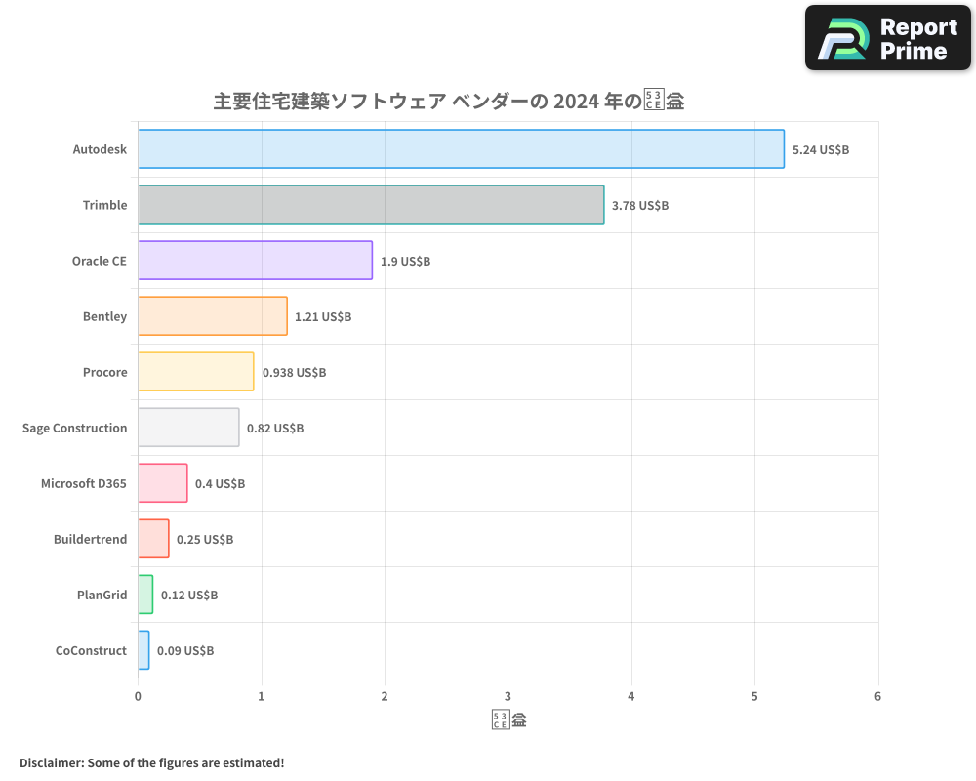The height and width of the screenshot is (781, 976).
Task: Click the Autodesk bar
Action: tap(461, 149)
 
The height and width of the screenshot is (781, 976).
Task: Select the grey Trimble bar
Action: tap(371, 205)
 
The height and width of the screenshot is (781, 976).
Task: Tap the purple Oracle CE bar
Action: tap(255, 261)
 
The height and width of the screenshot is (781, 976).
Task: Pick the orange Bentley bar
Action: tap(213, 316)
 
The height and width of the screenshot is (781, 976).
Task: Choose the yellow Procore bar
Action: tap(195, 372)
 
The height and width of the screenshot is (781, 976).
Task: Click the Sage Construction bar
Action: tap(188, 428)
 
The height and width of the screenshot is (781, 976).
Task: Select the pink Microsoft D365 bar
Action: tap(162, 483)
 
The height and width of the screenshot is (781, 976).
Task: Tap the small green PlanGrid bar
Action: tap(145, 595)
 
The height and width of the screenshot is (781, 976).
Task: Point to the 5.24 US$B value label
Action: tap(821, 150)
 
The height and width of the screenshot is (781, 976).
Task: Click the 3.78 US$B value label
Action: tap(640, 206)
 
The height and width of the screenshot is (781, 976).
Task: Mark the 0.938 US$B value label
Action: tap(294, 373)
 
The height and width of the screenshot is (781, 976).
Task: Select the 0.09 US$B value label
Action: tap(185, 651)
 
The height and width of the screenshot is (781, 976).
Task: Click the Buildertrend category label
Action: tap(90, 539)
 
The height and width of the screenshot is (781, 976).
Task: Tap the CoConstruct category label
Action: tap(91, 650)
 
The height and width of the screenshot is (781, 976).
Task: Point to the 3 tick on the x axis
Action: tap(508, 697)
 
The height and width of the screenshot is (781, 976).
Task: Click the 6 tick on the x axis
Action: tap(877, 697)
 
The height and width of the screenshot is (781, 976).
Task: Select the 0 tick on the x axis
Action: tap(138, 697)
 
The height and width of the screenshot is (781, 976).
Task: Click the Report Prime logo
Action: tap(887, 38)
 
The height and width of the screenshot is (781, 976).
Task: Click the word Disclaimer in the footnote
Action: tap(50, 762)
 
